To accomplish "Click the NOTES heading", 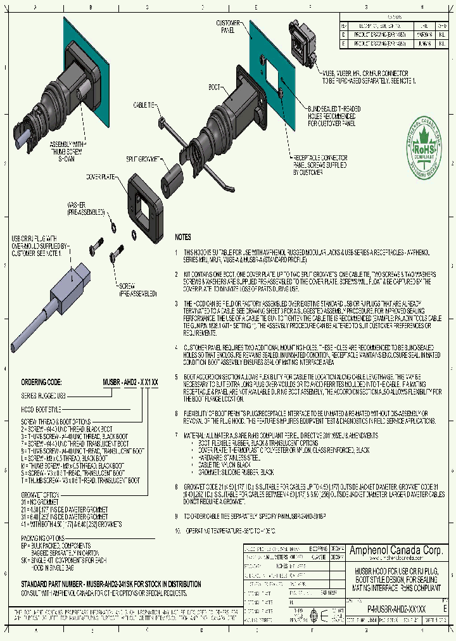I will [182, 237].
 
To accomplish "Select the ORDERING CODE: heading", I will [41, 383].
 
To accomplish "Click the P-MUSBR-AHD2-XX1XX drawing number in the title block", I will [396, 607].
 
